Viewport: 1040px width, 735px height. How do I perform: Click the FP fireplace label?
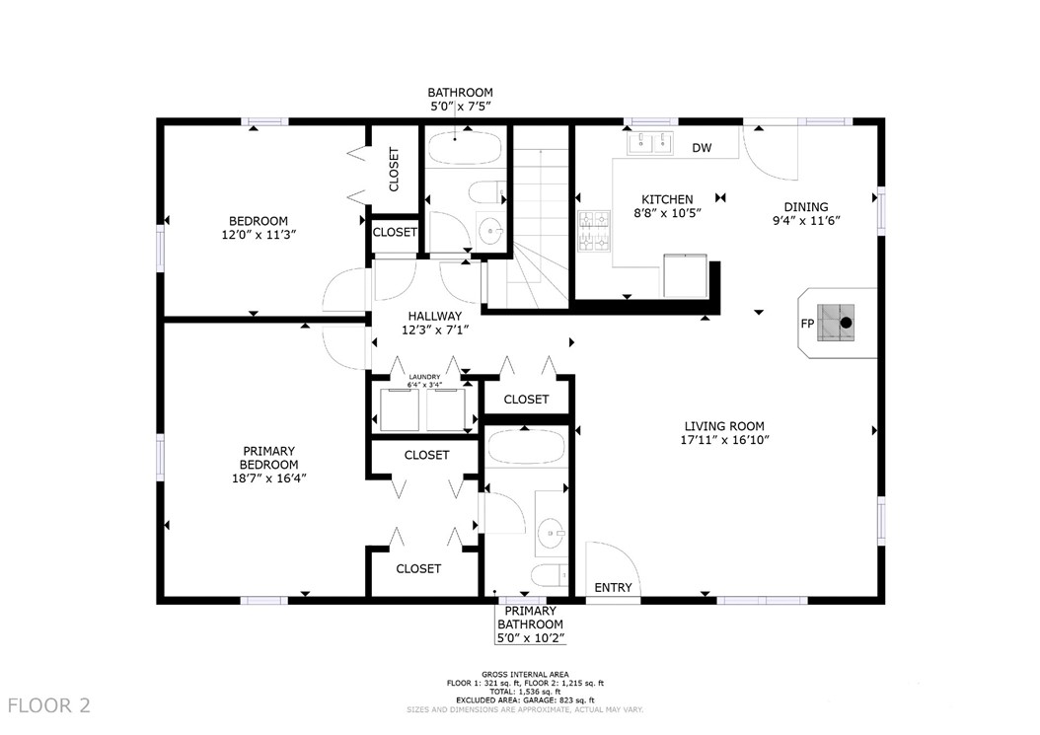click(x=806, y=323)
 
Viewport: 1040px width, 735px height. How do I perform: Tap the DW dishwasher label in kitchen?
click(x=702, y=149)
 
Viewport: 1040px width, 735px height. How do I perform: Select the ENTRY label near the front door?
click(x=613, y=588)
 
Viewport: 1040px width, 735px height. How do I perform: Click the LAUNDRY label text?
click(x=424, y=377)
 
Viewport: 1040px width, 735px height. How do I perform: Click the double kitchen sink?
click(x=649, y=144)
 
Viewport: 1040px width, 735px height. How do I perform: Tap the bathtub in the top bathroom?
click(x=464, y=149)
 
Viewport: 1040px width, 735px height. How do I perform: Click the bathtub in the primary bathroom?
click(x=526, y=449)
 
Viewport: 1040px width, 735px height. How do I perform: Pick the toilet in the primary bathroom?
click(x=547, y=575)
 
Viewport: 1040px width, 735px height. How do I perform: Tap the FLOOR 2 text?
click(x=49, y=705)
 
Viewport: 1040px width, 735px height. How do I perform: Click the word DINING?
click(x=806, y=207)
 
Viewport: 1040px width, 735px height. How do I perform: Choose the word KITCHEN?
click(x=668, y=199)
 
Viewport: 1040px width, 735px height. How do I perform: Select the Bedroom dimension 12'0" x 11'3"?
click(x=259, y=236)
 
